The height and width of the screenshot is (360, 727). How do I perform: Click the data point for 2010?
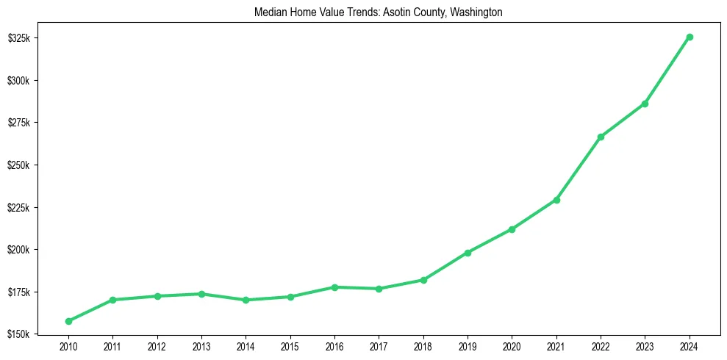tap(68, 321)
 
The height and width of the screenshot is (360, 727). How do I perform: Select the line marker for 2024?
tap(690, 37)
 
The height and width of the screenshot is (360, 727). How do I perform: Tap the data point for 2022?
tap(601, 137)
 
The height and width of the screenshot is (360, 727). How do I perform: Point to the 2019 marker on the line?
tap(468, 253)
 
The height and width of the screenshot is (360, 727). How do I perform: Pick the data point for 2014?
tap(246, 300)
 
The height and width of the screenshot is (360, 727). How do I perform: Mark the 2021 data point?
tap(556, 200)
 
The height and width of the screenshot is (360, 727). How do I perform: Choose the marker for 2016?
tap(334, 287)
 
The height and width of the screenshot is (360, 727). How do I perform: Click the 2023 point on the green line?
tap(645, 104)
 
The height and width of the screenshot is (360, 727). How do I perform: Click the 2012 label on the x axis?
tap(157, 346)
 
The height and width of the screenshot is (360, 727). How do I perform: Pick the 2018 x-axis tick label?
tap(423, 346)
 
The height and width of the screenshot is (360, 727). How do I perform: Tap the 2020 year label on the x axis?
tap(512, 346)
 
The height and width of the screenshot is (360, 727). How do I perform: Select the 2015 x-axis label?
tap(290, 346)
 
